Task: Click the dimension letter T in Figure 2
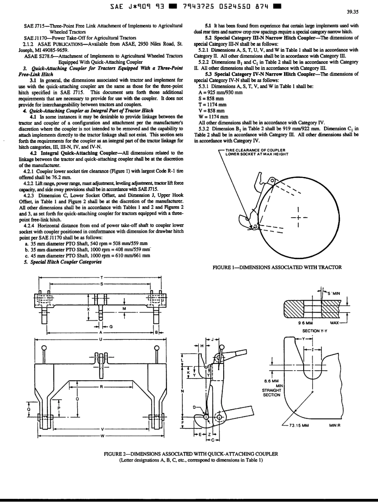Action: (102, 278)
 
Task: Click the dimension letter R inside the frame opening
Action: (102, 386)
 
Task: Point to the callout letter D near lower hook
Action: (195, 407)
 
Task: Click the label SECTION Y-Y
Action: (314, 330)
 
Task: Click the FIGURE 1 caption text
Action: (277, 267)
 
